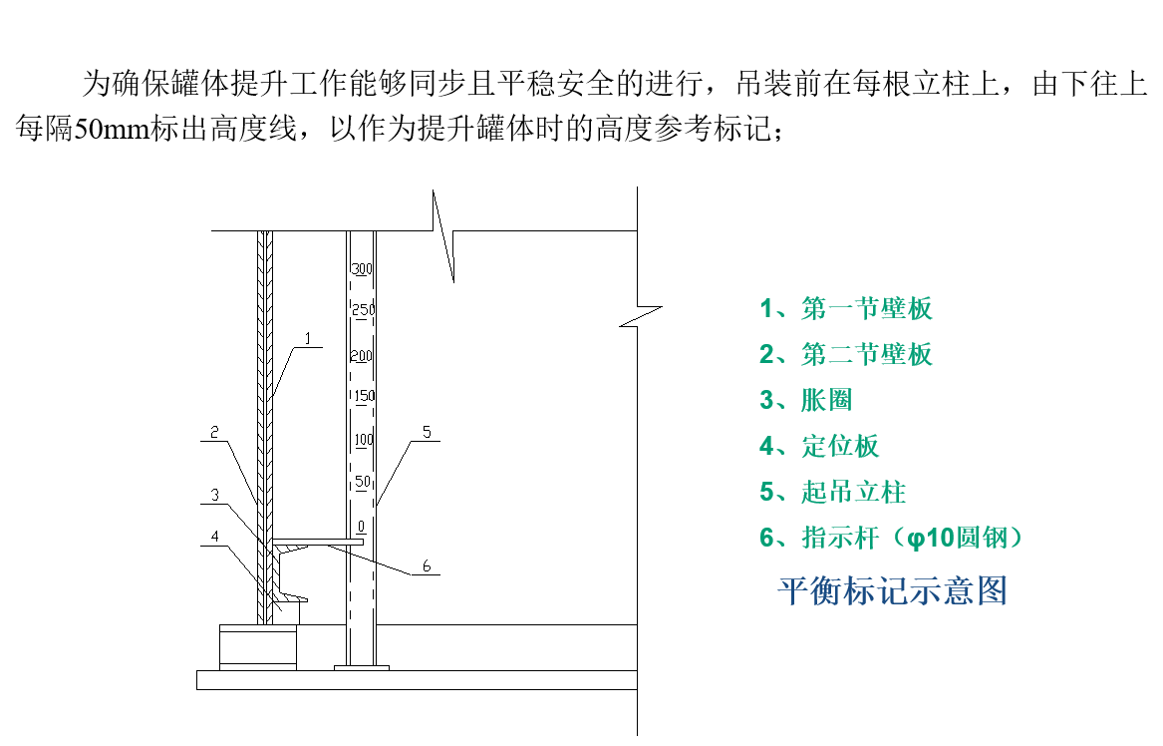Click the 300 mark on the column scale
click(361, 268)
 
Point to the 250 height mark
click(364, 309)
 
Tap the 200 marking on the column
click(361, 356)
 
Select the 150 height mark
click(364, 396)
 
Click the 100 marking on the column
click(364, 440)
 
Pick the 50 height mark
click(363, 481)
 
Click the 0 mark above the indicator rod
click(361, 527)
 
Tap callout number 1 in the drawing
click(308, 338)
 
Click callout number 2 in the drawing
click(214, 432)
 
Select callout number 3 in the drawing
click(214, 495)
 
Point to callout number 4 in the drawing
click(214, 536)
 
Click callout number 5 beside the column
click(427, 432)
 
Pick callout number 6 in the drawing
click(427, 565)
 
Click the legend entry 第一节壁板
click(845, 308)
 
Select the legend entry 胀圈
click(805, 400)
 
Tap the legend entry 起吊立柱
click(832, 492)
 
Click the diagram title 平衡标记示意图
click(892, 590)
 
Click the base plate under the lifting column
click(361, 668)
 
